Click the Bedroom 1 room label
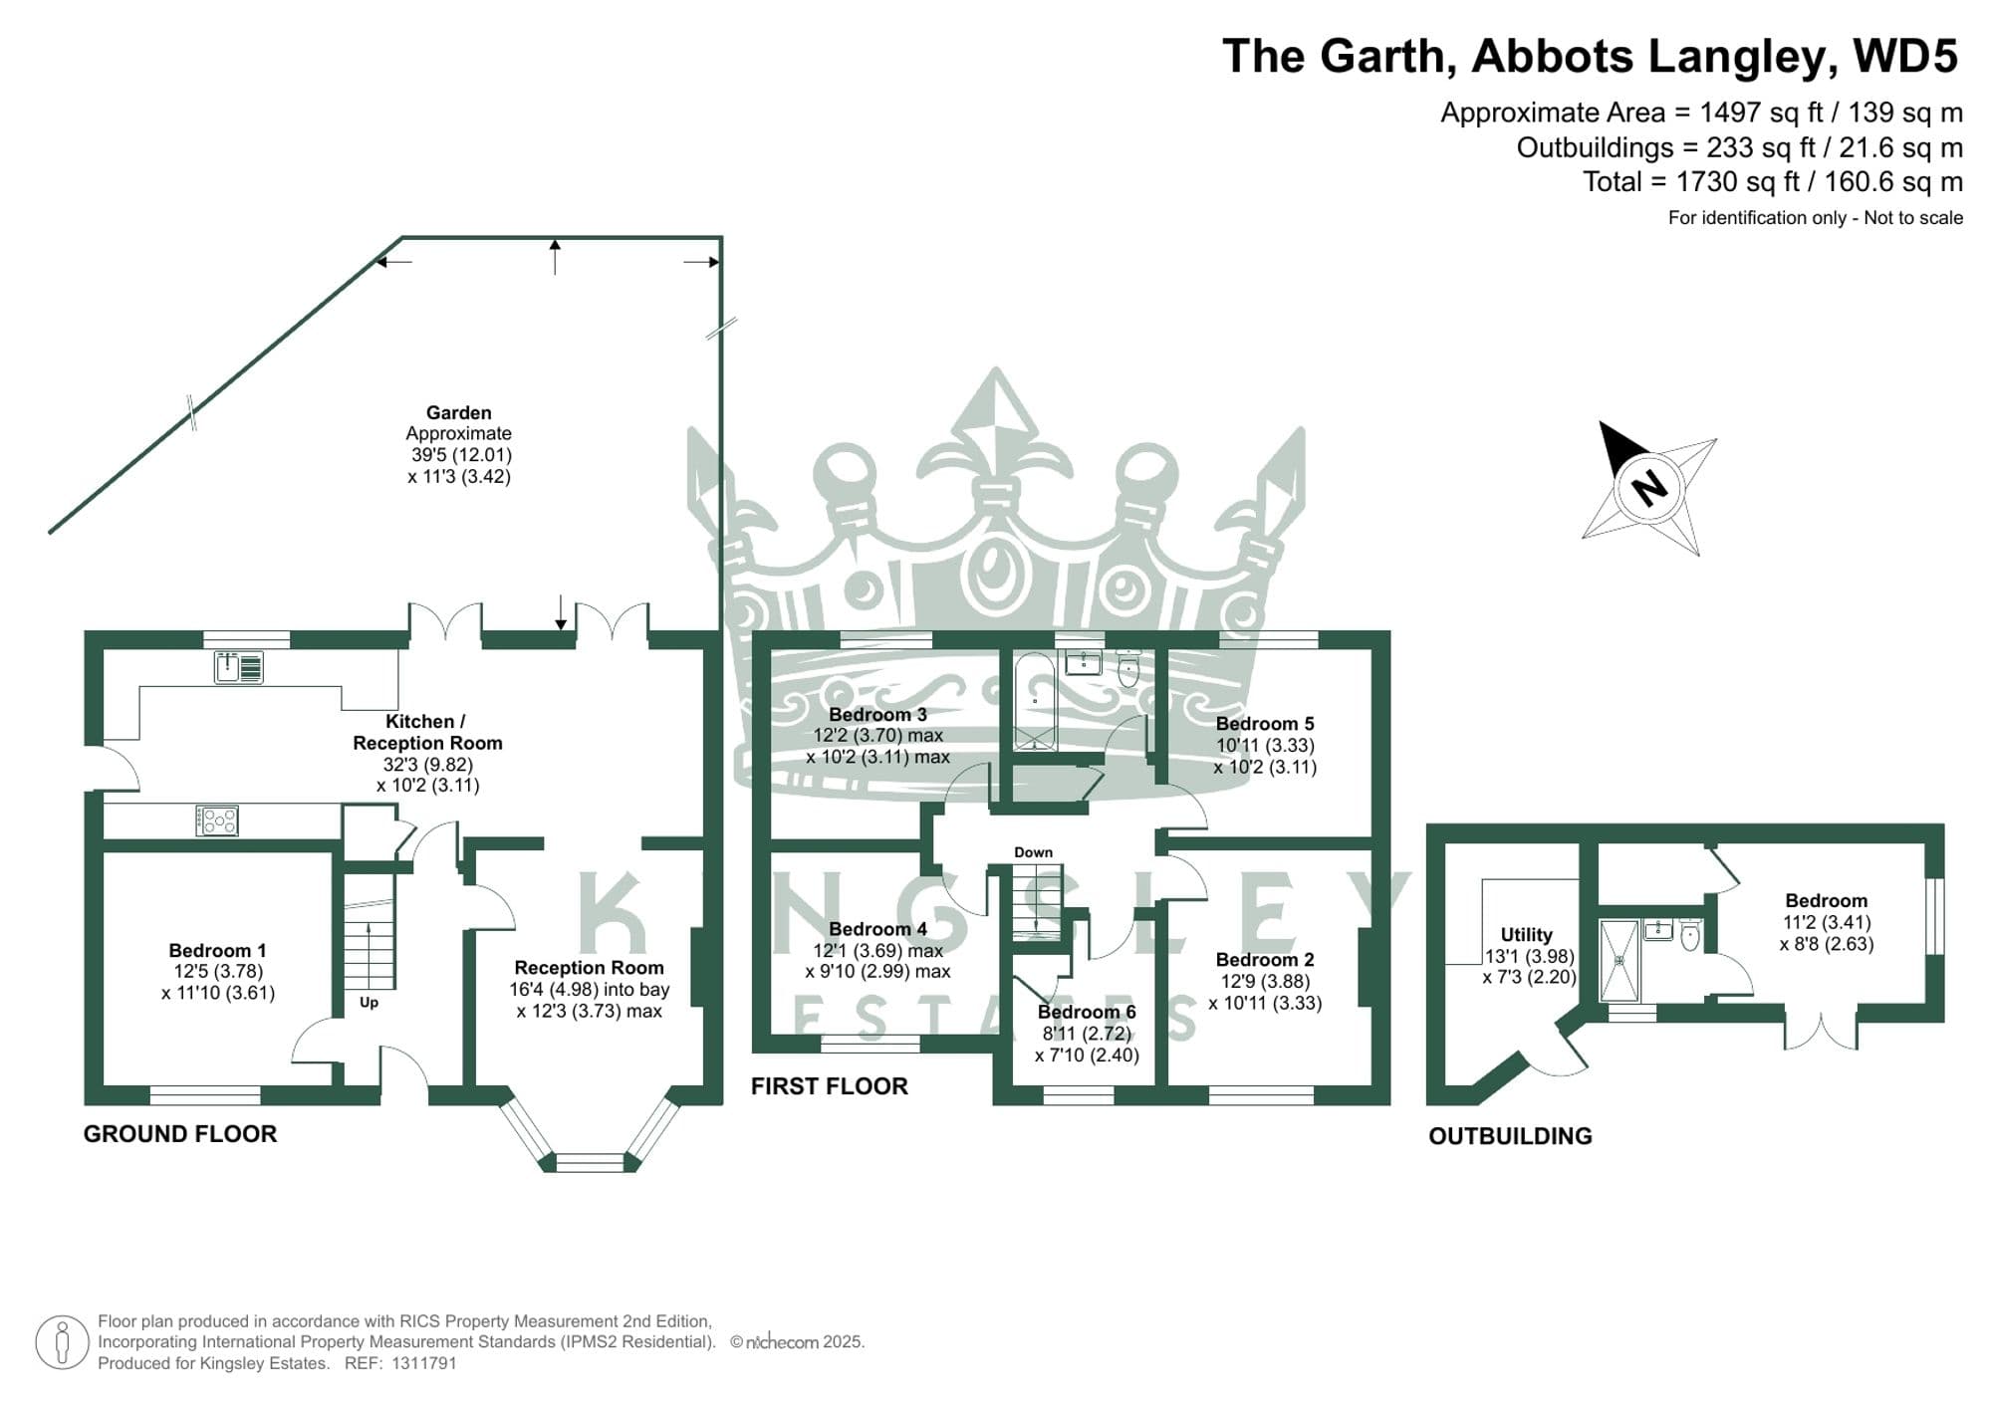pyautogui.click(x=217, y=950)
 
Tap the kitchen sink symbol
pyautogui.click(x=239, y=667)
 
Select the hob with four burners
pyautogui.click(x=217, y=821)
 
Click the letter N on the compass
pyautogui.click(x=1650, y=488)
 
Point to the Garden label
pyautogui.click(x=458, y=412)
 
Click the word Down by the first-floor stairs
pyautogui.click(x=1033, y=852)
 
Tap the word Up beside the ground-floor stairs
pyautogui.click(x=369, y=1003)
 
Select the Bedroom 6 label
pyautogui.click(x=1086, y=1012)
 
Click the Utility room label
pyautogui.click(x=1526, y=934)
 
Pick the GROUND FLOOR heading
pyautogui.click(x=180, y=1133)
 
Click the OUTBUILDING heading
pyautogui.click(x=1510, y=1136)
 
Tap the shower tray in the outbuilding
pyautogui.click(x=1618, y=960)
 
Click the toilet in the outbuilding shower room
pyautogui.click(x=1689, y=935)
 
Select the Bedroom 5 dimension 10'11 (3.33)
pyautogui.click(x=1265, y=745)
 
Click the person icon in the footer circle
pyautogui.click(x=63, y=1342)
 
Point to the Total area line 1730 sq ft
pyautogui.click(x=1773, y=182)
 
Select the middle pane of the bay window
pyautogui.click(x=590, y=1162)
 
